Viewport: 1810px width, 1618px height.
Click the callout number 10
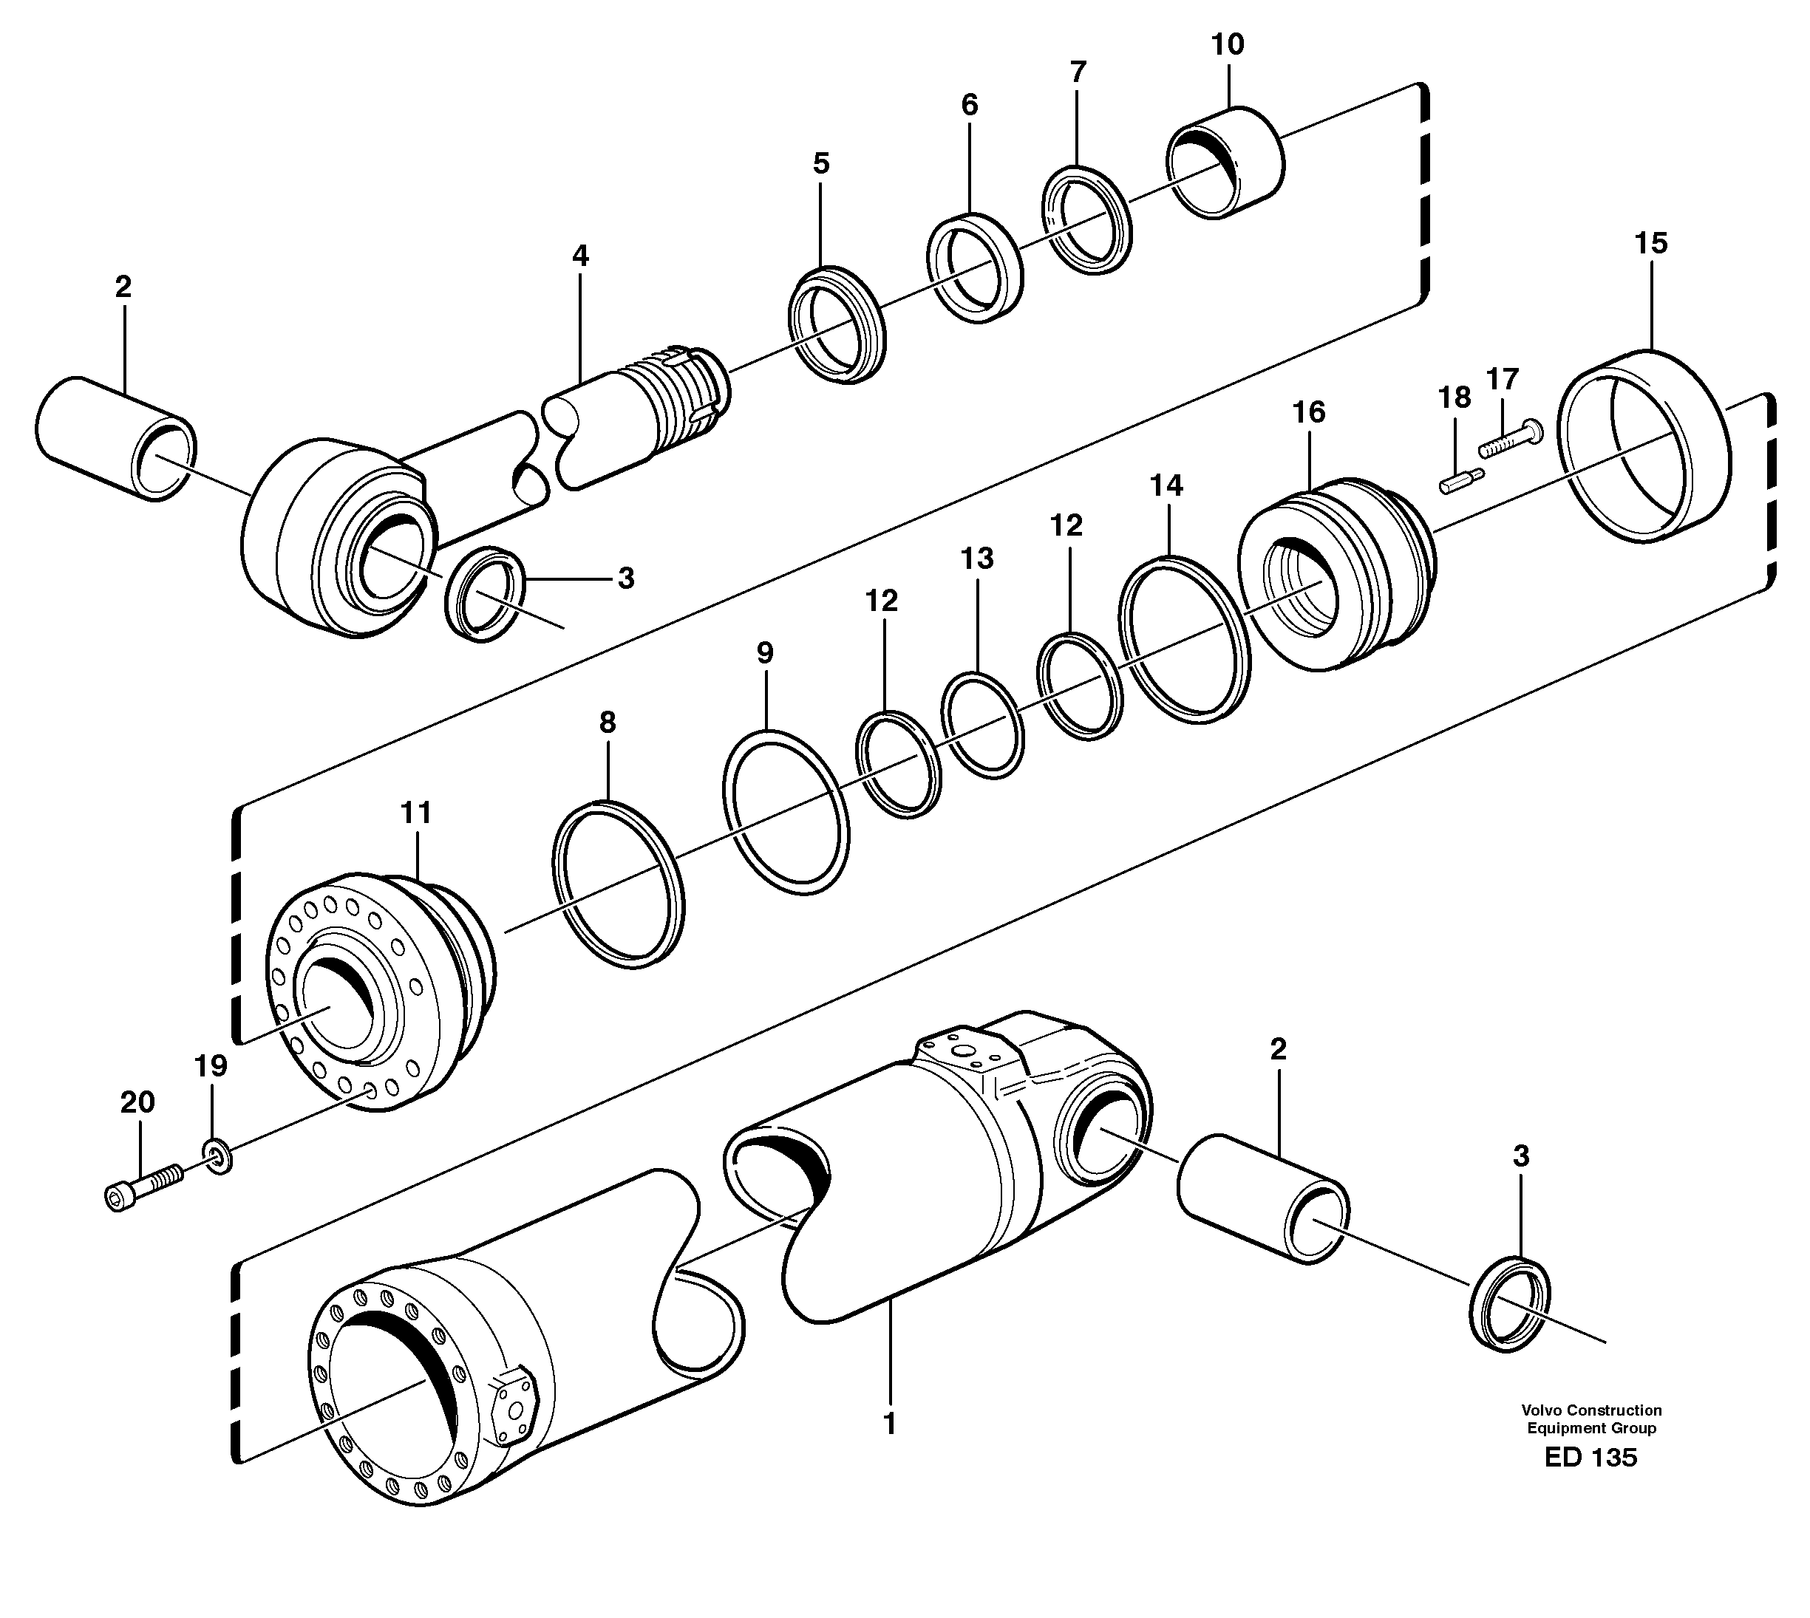1228,44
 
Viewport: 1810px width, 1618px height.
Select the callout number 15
1651,244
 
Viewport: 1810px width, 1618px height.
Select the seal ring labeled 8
618,884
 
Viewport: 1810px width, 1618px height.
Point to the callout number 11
415,813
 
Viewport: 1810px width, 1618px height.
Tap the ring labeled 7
1087,219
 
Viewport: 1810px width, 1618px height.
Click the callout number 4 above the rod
580,257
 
